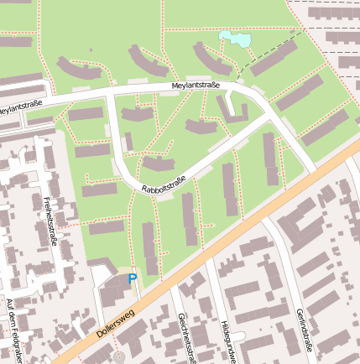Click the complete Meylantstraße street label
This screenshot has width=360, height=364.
(195, 85)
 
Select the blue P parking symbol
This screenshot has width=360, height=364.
(132, 278)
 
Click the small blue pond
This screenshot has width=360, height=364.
(235, 39)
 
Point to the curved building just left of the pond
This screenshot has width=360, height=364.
(211, 57)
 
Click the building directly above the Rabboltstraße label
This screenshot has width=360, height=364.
(158, 163)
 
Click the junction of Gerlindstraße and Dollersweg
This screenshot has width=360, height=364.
(267, 220)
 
